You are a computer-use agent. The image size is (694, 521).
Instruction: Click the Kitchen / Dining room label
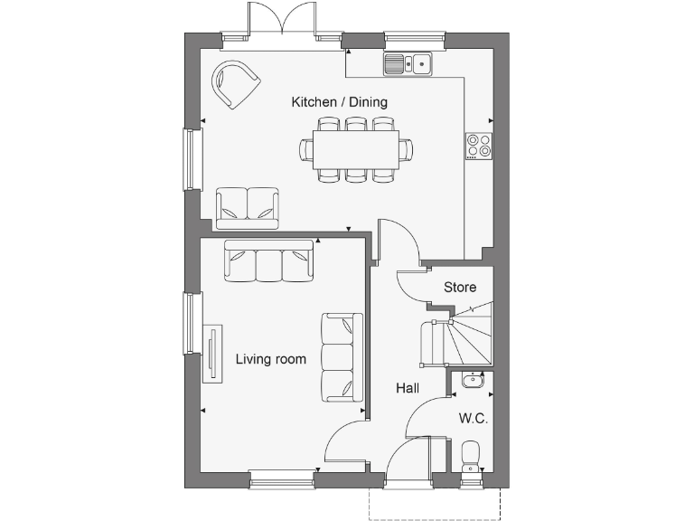point(339,102)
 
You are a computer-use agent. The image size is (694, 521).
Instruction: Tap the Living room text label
point(271,359)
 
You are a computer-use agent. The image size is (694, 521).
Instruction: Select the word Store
point(459,288)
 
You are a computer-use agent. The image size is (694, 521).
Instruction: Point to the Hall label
point(408,388)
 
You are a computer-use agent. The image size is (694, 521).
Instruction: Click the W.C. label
point(473,419)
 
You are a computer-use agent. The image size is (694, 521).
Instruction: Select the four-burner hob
point(479,145)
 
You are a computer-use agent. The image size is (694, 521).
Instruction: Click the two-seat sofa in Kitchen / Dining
point(248,208)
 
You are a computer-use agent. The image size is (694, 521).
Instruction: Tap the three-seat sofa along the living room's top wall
point(269,261)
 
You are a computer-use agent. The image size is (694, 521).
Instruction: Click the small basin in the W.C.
point(472,381)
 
